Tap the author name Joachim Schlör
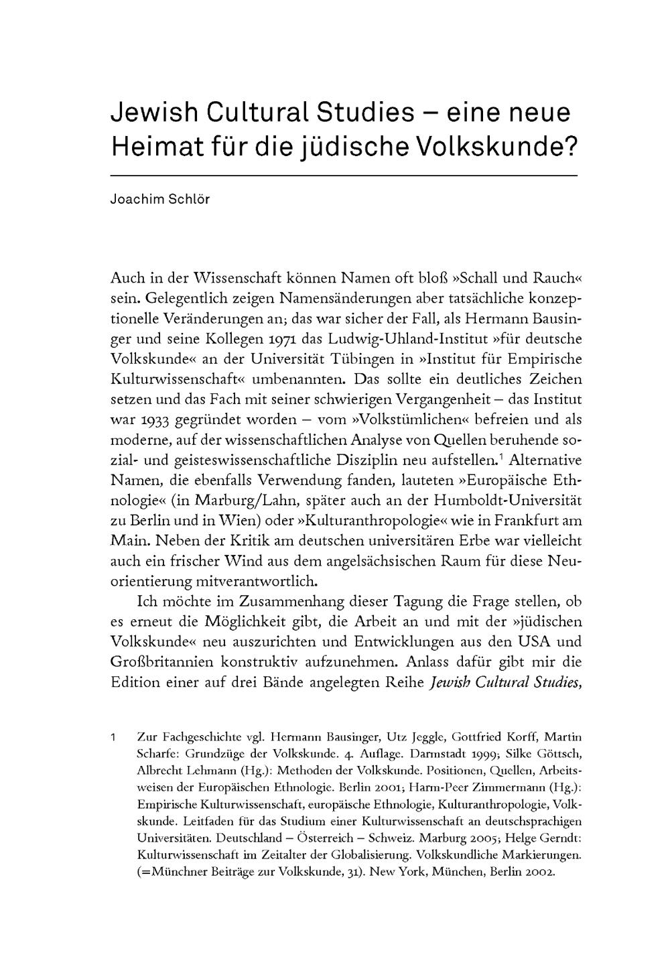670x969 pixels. click(x=160, y=200)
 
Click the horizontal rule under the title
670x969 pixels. click(x=343, y=176)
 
